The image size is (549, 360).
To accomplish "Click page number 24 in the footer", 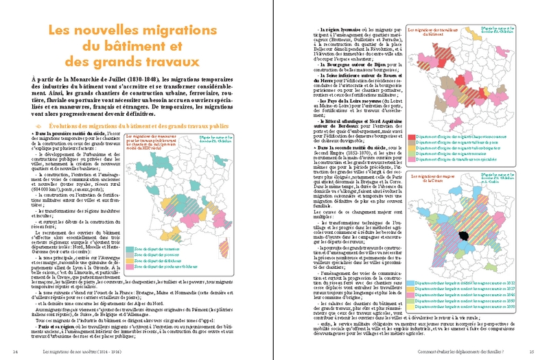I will click(16, 351).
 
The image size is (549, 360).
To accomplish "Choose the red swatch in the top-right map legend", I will click(411, 138).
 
